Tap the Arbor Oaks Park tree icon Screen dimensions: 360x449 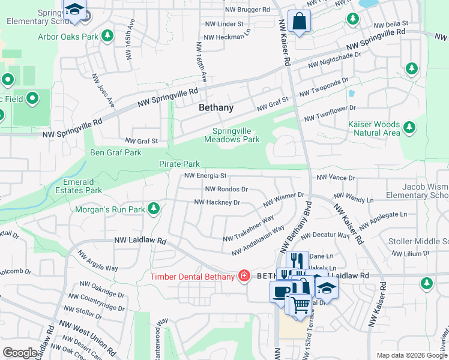pos(108,36)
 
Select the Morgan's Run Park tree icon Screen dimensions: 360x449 pos(154,209)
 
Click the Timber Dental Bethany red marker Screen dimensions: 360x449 pos(244,276)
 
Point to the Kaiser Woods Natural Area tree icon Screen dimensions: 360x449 pos(409,127)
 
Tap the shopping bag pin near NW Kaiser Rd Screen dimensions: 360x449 pos(298,22)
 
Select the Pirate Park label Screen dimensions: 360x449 pos(179,164)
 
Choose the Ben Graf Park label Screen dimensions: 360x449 pos(116,152)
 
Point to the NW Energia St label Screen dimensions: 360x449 pos(205,176)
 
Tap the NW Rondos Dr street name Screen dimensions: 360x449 pos(226,189)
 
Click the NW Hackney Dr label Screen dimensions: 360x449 pos(217,202)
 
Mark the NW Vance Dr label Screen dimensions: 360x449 pos(336,178)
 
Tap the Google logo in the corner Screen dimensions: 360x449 pos(20,353)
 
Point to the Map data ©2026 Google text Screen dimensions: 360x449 pos(411,355)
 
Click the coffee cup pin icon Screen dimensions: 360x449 pos(280,292)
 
